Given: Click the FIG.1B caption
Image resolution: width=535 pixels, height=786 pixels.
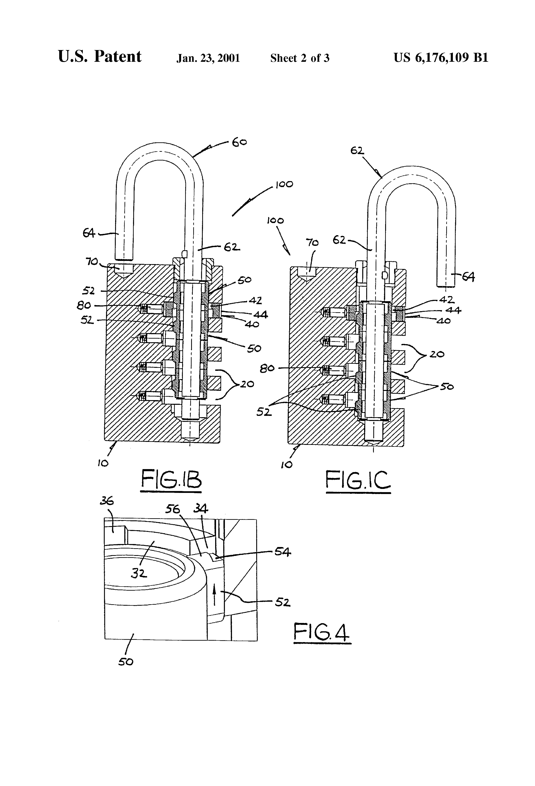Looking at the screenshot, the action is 171,479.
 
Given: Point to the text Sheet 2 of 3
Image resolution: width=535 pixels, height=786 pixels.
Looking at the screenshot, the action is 300,58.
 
